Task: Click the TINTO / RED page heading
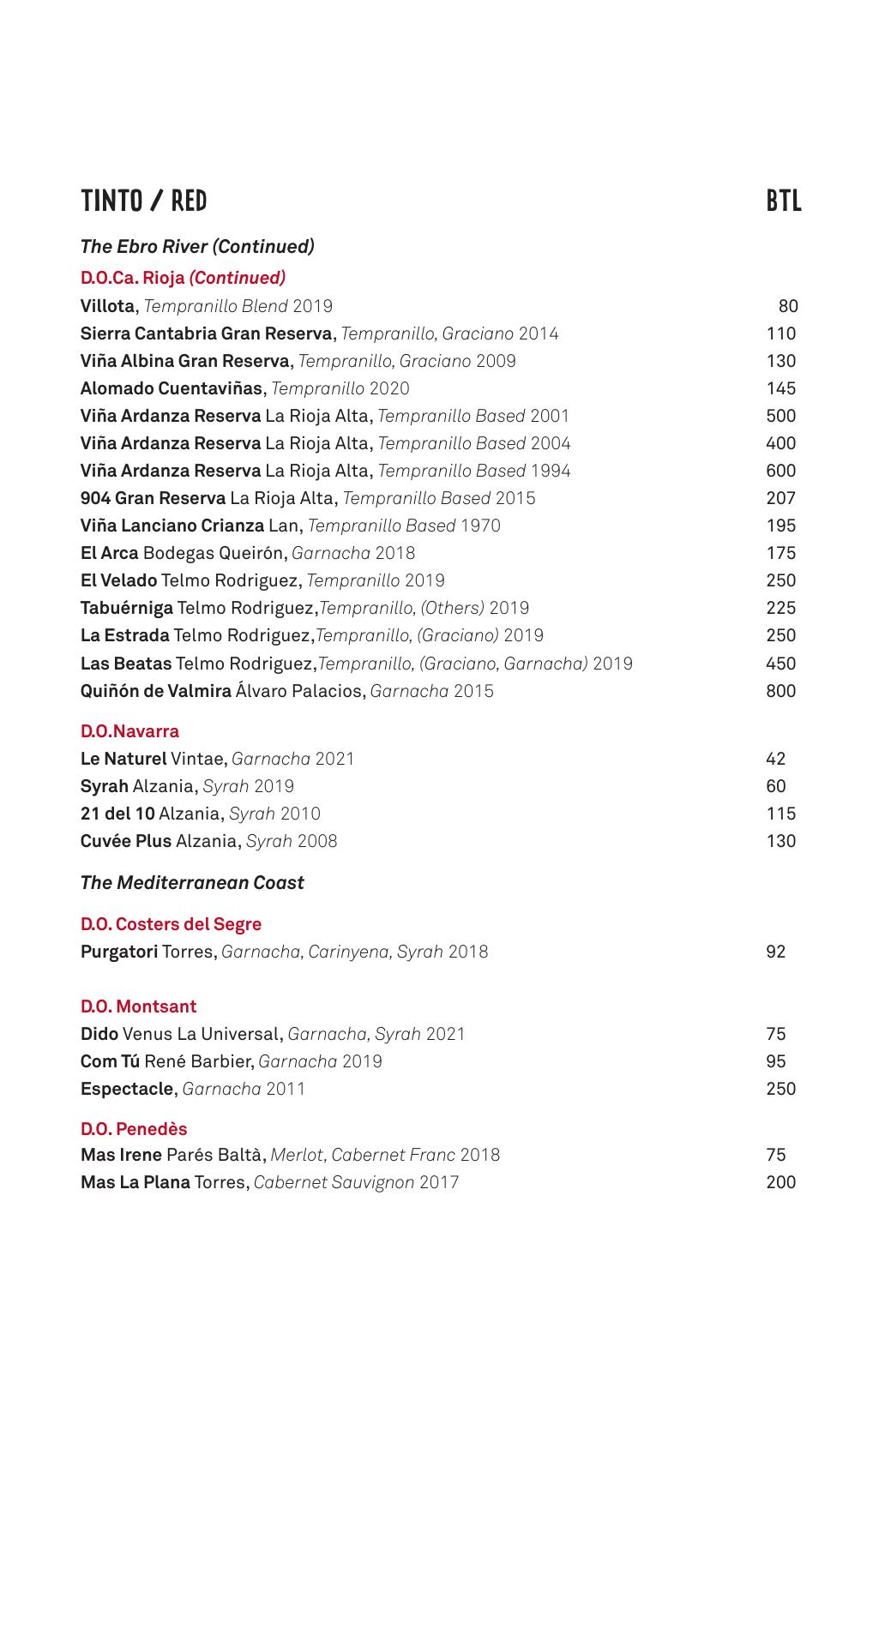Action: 144,201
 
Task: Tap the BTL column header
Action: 783,201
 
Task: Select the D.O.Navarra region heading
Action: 129,731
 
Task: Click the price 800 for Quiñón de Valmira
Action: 780,691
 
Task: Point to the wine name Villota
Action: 107,306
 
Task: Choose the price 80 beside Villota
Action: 787,306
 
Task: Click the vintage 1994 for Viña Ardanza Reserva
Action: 550,471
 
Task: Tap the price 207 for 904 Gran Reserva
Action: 780,498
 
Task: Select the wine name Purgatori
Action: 119,952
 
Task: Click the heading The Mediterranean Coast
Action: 192,883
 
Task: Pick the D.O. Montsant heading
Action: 138,1006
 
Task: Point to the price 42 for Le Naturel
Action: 775,759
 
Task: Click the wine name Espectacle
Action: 127,1089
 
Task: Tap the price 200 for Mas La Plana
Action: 780,1182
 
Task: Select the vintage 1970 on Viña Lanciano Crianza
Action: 480,526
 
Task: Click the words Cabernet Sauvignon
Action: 334,1182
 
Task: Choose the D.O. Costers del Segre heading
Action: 171,924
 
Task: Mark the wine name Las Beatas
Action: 125,664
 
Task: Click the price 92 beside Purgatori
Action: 775,952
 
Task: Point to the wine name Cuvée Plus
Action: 126,841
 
